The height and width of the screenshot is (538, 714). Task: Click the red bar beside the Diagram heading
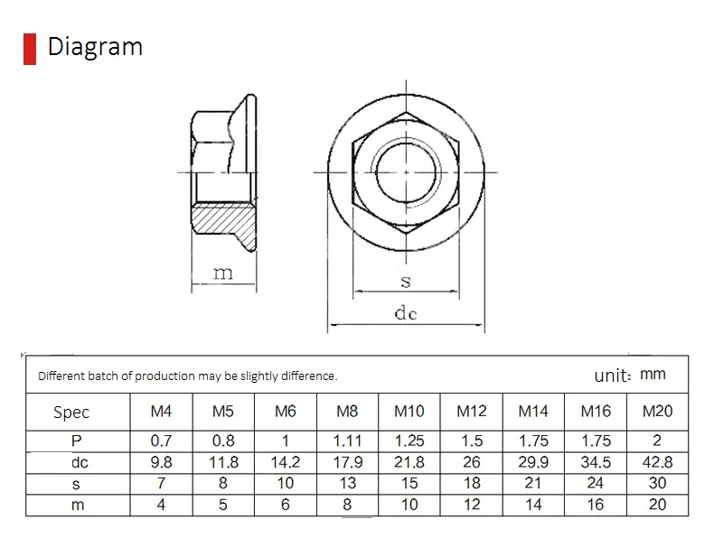pos(30,49)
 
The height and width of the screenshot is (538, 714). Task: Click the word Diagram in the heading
pos(95,47)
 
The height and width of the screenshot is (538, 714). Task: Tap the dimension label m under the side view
pos(223,274)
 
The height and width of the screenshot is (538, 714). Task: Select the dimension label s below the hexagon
pos(406,282)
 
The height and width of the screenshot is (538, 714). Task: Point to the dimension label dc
pos(406,313)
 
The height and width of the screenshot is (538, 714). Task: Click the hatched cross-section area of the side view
pos(224,226)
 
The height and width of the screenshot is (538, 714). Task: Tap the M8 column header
pos(347,412)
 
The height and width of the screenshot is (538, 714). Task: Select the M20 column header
pos(657,412)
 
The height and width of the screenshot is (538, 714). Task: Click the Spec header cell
pos(71,413)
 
